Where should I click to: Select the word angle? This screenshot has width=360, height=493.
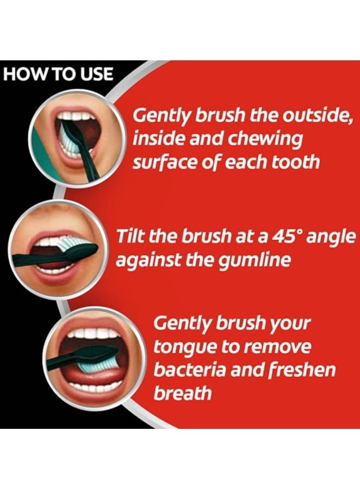pyautogui.click(x=331, y=238)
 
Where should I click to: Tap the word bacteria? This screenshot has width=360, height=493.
pyautogui.click(x=190, y=370)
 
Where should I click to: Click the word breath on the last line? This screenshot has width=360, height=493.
pyautogui.click(x=183, y=393)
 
